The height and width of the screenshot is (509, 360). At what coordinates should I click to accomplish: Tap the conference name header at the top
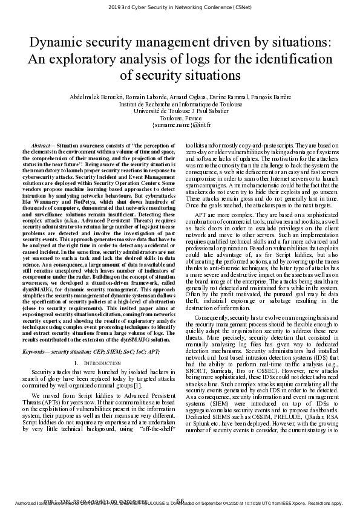click(180, 8)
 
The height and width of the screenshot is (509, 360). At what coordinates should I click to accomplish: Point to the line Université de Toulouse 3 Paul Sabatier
click(180, 111)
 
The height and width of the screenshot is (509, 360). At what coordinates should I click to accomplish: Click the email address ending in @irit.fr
click(180, 126)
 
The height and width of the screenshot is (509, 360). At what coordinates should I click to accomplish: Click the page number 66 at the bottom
click(180, 501)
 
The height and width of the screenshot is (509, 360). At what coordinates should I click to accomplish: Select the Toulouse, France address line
click(180, 118)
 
